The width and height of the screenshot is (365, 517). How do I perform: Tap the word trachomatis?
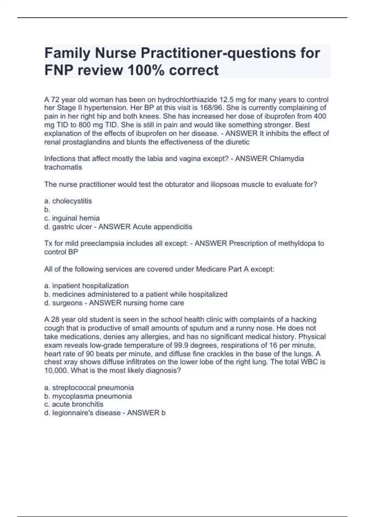pyautogui.click(x=63, y=167)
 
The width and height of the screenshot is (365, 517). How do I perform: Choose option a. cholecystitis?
pyautogui.click(x=68, y=201)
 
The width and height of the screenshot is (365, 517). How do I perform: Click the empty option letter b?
pyautogui.click(x=47, y=210)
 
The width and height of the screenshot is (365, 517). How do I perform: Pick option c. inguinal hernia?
pyautogui.click(x=72, y=218)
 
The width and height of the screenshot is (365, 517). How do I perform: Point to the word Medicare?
pyautogui.click(x=211, y=269)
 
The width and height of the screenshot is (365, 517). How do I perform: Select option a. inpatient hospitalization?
pyautogui.click(x=86, y=286)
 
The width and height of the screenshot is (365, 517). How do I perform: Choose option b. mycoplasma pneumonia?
pyautogui.click(x=88, y=396)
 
